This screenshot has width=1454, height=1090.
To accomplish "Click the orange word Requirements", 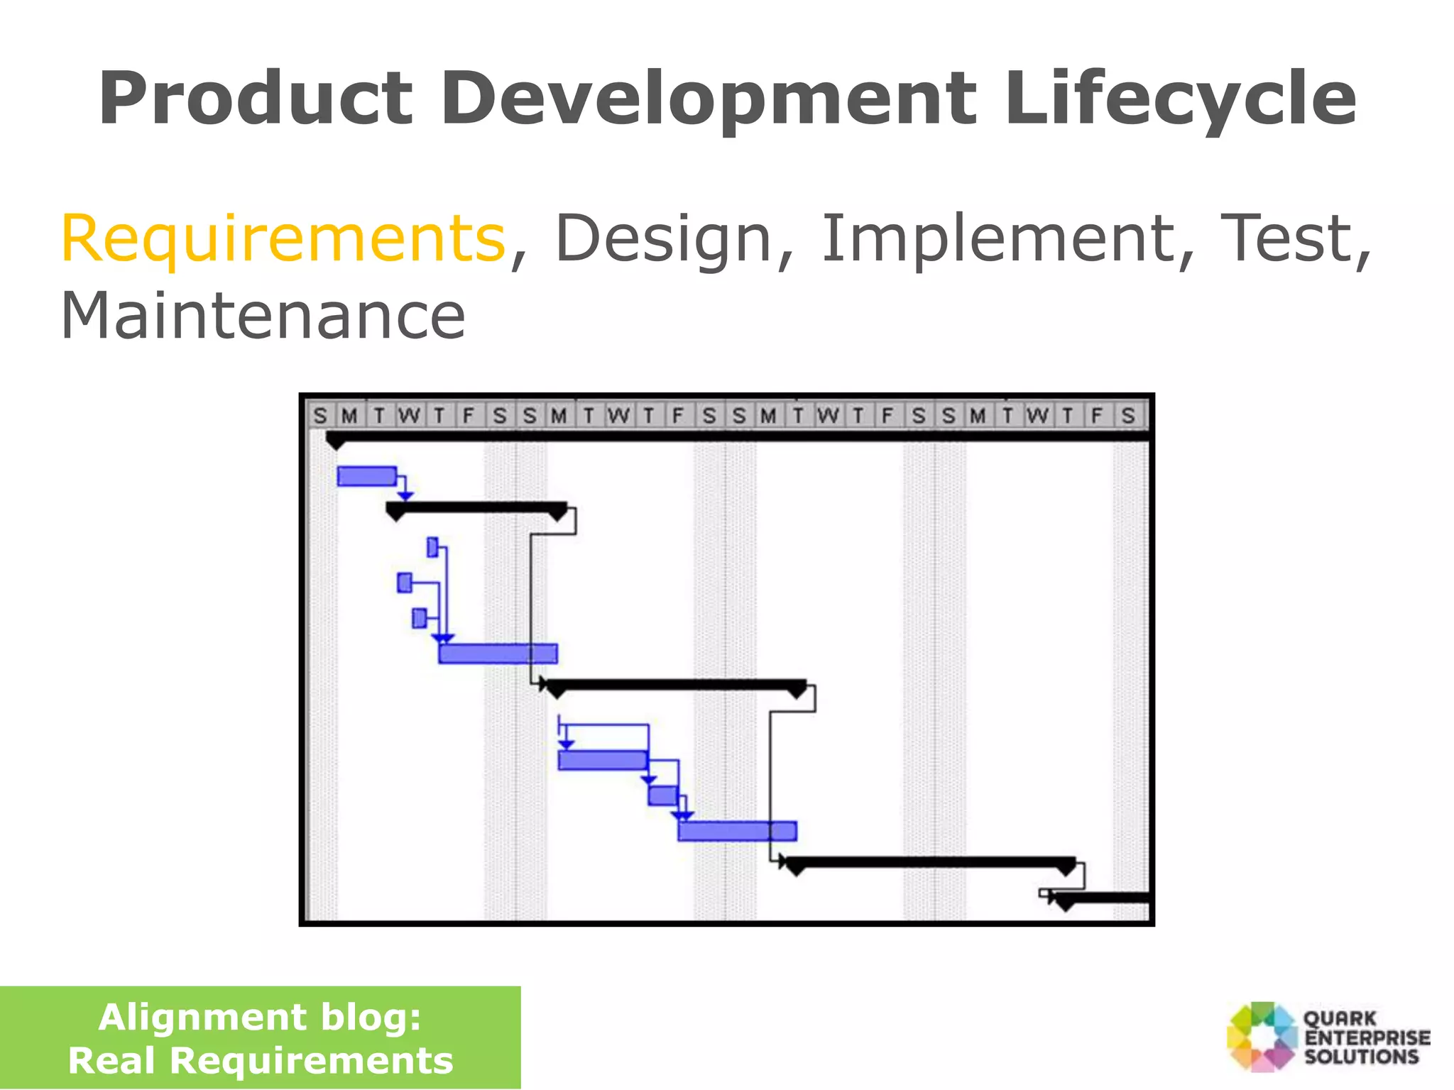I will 283,238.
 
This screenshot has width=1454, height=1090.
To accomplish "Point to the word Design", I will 663,238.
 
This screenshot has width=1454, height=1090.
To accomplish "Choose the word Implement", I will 997,238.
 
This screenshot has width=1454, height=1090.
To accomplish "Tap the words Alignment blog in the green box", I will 260,1017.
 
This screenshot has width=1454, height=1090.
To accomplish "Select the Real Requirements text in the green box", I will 260,1061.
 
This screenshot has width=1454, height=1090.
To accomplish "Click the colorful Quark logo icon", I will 1262,1036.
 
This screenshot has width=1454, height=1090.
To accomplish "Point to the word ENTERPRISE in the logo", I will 1367,1037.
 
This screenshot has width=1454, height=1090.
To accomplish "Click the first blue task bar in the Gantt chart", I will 366,476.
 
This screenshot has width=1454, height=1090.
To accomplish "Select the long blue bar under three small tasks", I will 498,654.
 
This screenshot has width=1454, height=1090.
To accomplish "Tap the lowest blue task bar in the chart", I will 737,831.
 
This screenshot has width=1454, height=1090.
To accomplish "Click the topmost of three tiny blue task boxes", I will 432,547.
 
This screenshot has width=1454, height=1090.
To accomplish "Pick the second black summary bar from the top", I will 476,508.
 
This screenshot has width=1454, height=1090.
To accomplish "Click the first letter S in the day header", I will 320,416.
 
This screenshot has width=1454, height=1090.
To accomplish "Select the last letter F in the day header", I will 1097,416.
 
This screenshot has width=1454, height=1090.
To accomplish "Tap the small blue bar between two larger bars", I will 662,796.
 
